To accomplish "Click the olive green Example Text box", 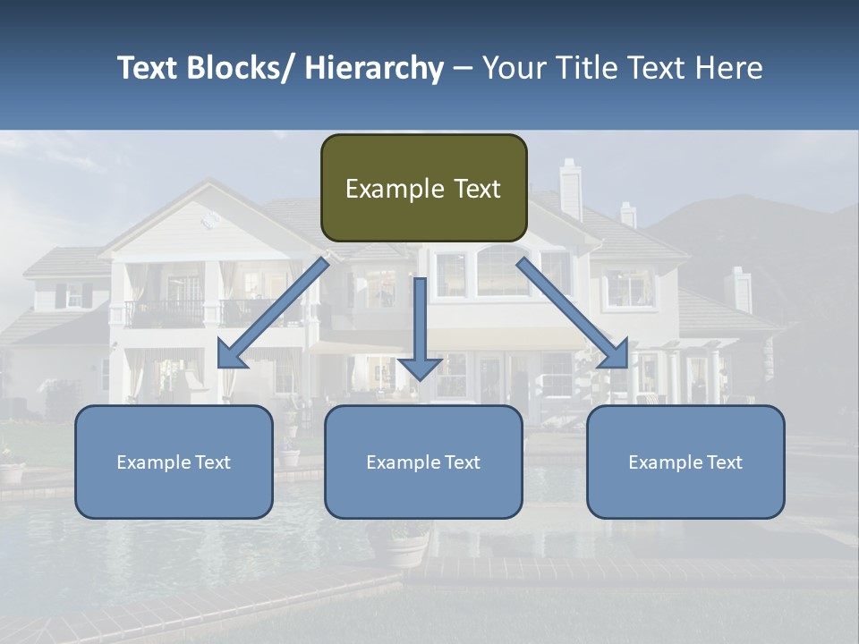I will click(x=423, y=188).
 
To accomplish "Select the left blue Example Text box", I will click(x=174, y=462).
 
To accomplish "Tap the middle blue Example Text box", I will click(x=423, y=462).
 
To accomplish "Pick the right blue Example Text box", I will click(x=685, y=462).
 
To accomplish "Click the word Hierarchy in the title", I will click(x=374, y=68).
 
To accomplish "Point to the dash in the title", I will click(x=463, y=68).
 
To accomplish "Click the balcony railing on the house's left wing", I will click(x=166, y=313).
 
